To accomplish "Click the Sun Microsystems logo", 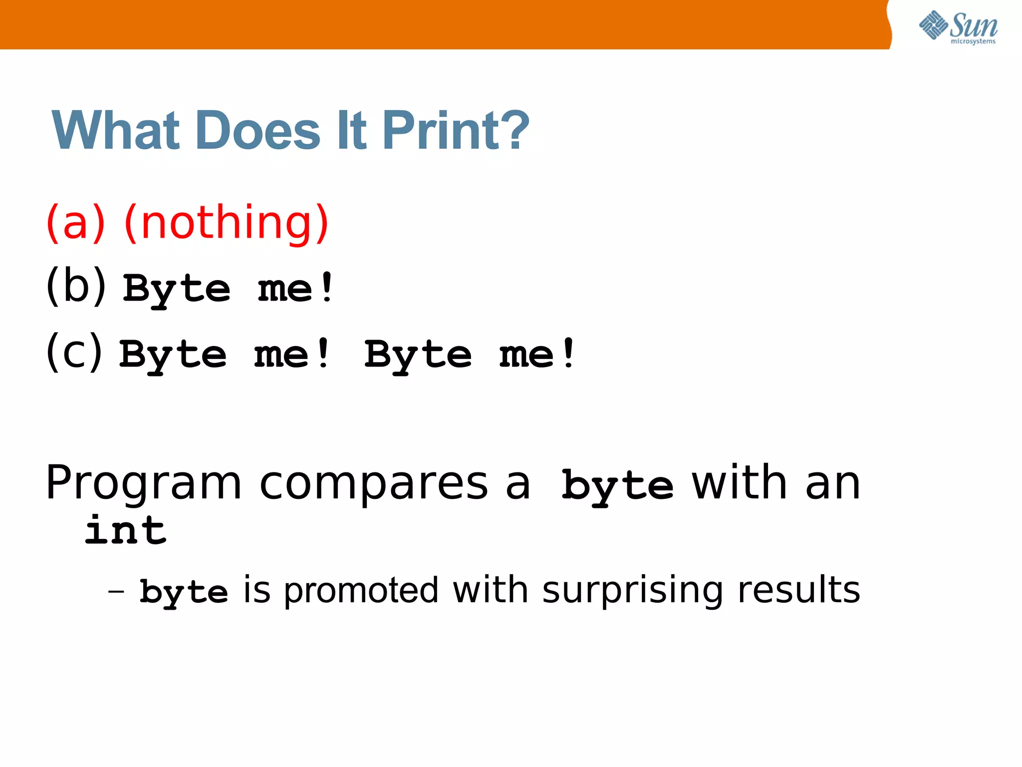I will (958, 27).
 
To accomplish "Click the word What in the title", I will (115, 131).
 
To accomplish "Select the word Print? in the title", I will (456, 131).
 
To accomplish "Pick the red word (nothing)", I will (226, 222).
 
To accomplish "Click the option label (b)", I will (76, 286).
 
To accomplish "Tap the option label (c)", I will (74, 352).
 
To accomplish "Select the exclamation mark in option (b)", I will (327, 287).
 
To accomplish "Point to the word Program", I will (143, 483).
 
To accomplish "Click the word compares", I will (373, 483).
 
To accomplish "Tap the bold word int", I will (125, 530).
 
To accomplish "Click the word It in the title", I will (351, 131).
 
